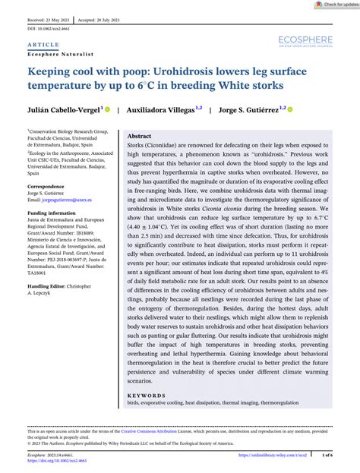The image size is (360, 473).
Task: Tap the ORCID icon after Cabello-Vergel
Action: point(107,109)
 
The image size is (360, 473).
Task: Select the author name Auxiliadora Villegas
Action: point(161,109)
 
